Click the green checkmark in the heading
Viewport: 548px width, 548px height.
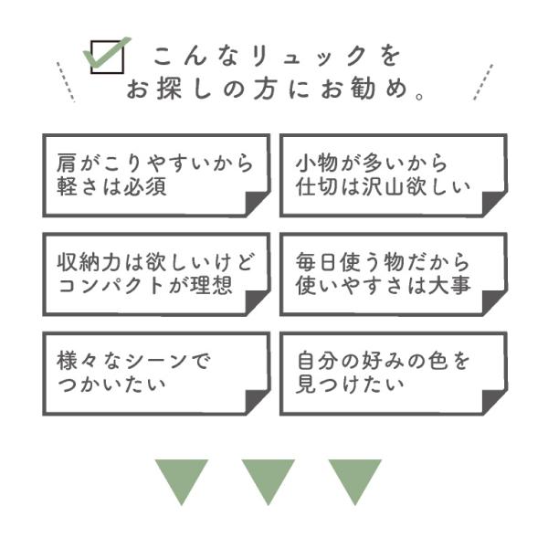[x=107, y=55]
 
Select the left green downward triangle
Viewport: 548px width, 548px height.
[x=182, y=479]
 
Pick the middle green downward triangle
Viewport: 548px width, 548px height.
[x=269, y=479]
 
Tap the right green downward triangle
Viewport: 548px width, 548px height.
[x=355, y=479]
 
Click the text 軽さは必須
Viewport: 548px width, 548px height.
[x=111, y=188]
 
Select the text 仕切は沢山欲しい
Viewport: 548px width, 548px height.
[x=383, y=188]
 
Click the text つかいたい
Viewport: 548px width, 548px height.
[x=111, y=385]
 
